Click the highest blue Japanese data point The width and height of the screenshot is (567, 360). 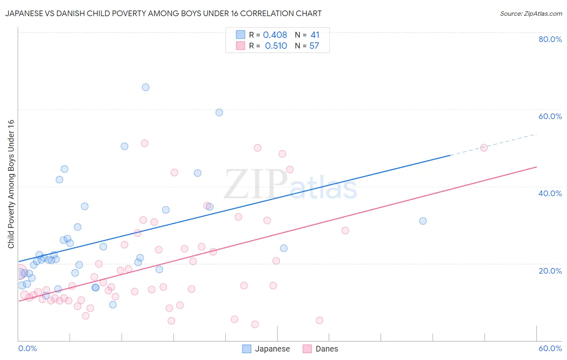[146, 87]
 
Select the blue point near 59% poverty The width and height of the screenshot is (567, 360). [219, 113]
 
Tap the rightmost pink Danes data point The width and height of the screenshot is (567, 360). [484, 148]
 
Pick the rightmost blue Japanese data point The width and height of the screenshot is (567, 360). [423, 221]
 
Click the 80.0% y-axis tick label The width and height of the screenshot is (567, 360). [550, 39]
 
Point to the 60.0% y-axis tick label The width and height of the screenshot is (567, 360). [550, 116]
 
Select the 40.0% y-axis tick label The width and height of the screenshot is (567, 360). [550, 193]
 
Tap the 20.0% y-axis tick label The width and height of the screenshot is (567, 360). [550, 271]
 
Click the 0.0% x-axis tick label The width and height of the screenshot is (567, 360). [27, 348]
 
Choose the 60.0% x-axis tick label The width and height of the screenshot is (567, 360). [550, 348]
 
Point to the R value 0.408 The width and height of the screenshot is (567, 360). [275, 35]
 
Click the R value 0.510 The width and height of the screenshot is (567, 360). [276, 46]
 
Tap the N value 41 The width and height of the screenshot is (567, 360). [315, 35]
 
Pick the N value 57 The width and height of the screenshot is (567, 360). [314, 46]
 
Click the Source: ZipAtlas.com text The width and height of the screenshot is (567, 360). [531, 14]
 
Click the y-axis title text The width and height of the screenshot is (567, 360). [11, 184]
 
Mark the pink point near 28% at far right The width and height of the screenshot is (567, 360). [345, 230]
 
